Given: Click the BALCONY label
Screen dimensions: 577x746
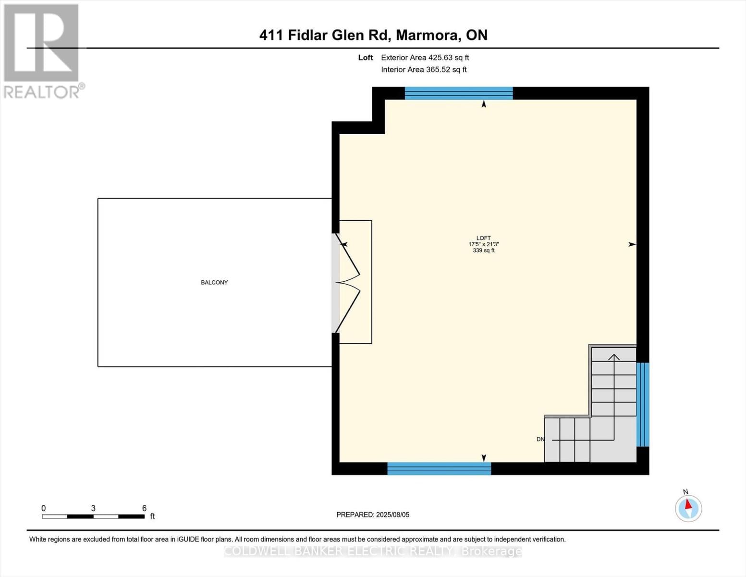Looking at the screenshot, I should (x=214, y=282).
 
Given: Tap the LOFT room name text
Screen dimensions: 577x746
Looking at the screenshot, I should (x=483, y=238).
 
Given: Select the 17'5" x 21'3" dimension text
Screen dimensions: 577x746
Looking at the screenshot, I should (x=483, y=244).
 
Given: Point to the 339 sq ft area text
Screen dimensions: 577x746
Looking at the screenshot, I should (x=483, y=251).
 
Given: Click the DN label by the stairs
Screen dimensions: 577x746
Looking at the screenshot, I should (x=540, y=439).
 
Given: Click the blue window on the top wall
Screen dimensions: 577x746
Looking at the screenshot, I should (x=459, y=93).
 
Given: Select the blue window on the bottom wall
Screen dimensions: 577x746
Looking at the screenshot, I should (x=439, y=468).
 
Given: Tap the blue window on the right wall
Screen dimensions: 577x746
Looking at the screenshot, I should (x=643, y=404).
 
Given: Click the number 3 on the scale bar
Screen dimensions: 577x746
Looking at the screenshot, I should (x=93, y=508).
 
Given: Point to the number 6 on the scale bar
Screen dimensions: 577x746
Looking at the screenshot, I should (x=144, y=508).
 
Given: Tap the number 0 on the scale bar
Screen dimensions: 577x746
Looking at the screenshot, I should (x=44, y=508).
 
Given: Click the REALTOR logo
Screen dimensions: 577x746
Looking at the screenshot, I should (x=42, y=51).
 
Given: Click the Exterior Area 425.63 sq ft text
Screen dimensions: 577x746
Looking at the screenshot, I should (x=425, y=58).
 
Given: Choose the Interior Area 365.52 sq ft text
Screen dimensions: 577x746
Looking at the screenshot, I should (x=424, y=70).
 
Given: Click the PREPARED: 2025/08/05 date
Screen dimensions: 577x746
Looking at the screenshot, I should (x=373, y=514).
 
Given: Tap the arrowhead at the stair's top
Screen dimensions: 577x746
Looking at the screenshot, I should (x=614, y=357).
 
